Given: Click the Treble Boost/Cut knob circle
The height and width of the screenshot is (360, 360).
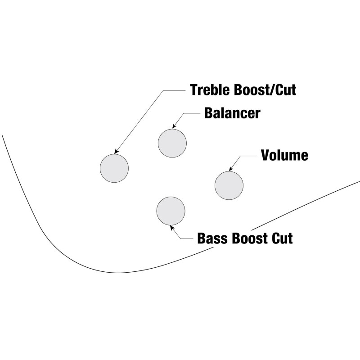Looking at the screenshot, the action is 114,168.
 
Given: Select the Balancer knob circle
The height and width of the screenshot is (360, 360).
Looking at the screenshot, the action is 172,143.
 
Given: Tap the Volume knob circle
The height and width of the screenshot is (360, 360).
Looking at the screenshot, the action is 229,185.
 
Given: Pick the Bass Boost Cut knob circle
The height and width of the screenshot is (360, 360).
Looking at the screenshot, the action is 171,211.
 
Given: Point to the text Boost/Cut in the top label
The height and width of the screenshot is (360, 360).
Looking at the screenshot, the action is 265,90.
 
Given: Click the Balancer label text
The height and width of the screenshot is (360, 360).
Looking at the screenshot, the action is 232,113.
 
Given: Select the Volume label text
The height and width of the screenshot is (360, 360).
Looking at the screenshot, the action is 284,155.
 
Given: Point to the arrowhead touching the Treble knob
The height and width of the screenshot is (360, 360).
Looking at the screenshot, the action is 117,151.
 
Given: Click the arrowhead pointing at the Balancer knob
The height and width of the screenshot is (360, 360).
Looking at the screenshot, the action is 174,126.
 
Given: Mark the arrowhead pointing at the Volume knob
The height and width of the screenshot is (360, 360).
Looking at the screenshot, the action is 231,168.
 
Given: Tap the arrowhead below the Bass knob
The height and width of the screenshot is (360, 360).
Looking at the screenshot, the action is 172,228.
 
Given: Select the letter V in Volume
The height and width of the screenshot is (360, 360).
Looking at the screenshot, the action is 266,155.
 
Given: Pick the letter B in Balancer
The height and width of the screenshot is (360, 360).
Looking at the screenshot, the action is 209,113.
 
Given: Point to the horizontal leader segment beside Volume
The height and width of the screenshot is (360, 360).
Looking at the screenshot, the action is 249,156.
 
